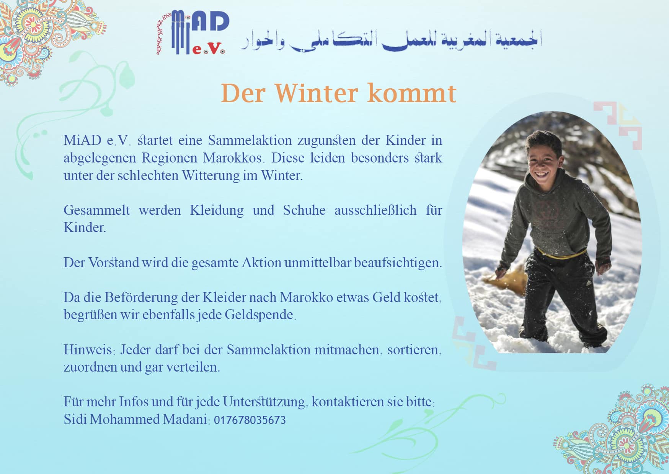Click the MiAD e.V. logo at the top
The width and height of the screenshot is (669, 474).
point(193,33)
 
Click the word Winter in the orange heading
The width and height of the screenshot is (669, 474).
point(317,93)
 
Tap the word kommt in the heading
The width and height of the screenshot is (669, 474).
point(412,93)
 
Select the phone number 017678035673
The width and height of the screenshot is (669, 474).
point(250,420)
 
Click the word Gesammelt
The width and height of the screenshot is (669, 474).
point(96,210)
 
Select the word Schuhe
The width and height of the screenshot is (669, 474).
point(304,210)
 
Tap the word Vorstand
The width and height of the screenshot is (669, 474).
point(114,263)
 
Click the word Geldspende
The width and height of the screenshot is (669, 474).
point(259,315)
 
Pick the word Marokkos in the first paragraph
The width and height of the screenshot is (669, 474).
point(232,158)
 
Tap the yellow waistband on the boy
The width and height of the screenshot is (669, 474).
point(561,253)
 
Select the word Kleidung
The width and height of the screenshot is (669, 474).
point(217,211)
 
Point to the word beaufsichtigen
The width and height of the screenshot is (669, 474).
point(398,263)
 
